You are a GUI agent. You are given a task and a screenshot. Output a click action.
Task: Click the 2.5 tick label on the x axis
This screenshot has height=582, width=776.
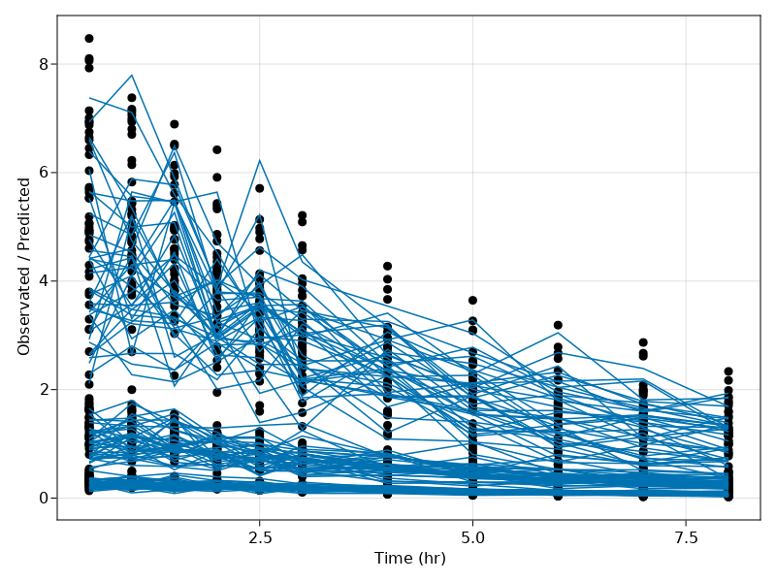click(x=259, y=536)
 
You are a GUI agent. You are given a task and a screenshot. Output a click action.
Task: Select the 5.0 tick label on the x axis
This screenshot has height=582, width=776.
click(x=472, y=536)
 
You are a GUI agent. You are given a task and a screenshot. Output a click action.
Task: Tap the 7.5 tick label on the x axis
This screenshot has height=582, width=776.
click(x=686, y=536)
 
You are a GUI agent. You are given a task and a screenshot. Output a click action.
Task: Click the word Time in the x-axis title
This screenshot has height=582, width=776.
click(x=391, y=559)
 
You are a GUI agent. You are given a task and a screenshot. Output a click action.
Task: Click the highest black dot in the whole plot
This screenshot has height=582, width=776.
click(x=89, y=39)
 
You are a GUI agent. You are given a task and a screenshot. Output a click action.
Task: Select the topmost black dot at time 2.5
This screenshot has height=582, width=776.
click(x=259, y=188)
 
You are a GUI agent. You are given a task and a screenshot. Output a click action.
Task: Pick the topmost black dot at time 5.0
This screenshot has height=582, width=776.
click(x=472, y=301)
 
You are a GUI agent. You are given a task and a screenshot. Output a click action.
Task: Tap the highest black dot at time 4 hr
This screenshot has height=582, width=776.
click(x=387, y=266)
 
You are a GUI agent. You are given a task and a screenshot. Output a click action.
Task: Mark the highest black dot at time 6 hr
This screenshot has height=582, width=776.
click(x=558, y=325)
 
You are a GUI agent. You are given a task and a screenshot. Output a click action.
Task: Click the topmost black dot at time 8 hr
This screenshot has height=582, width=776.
click(x=728, y=372)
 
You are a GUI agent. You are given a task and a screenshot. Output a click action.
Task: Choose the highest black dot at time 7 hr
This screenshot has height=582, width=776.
click(x=643, y=342)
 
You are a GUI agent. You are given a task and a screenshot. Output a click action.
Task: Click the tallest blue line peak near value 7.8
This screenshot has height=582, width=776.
click(x=132, y=75)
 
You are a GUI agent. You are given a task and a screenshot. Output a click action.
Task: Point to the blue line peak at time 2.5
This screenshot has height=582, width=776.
click(x=259, y=160)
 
